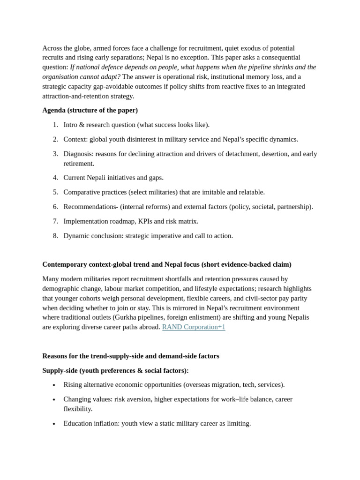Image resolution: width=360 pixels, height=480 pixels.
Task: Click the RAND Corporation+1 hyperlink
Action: click(x=194, y=327)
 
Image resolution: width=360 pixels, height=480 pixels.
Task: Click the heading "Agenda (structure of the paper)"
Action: click(x=90, y=110)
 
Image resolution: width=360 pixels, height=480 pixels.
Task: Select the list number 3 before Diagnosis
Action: click(x=55, y=154)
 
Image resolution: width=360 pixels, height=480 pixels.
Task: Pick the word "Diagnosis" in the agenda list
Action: click(x=78, y=154)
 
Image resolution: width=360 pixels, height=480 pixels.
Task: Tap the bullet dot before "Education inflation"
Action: click(x=54, y=424)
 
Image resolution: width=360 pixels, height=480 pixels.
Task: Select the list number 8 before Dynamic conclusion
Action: click(x=55, y=236)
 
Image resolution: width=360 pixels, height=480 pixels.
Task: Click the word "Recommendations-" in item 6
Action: click(x=90, y=207)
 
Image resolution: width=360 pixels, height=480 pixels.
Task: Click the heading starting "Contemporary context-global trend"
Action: click(x=166, y=264)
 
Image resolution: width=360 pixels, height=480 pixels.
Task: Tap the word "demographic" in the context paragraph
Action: click(x=61, y=289)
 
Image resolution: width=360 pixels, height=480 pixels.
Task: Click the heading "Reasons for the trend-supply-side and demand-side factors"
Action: click(x=131, y=356)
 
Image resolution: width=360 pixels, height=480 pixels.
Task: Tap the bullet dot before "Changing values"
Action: click(x=54, y=399)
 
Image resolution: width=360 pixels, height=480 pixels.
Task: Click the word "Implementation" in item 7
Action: click(x=86, y=221)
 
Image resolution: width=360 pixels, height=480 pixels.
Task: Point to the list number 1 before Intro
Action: click(x=55, y=125)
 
